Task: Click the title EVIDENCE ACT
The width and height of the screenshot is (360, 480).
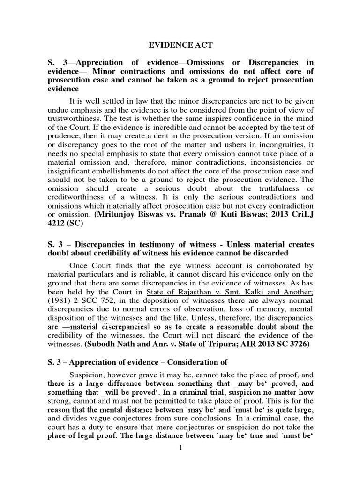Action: point(180,45)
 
